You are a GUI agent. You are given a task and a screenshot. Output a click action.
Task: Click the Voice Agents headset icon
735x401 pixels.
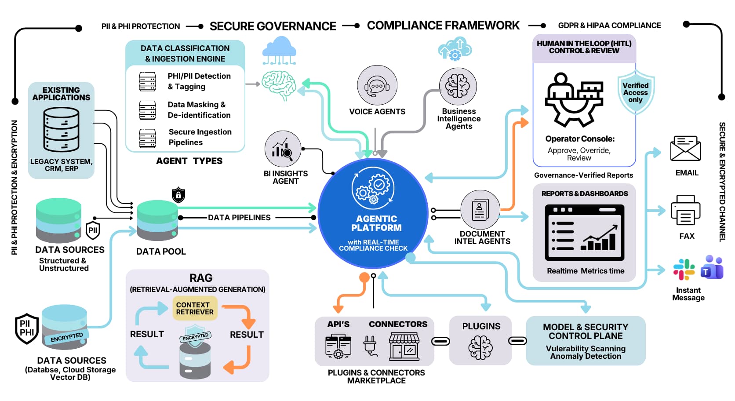377,86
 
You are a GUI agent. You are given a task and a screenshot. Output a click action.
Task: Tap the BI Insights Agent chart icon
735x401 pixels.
283,149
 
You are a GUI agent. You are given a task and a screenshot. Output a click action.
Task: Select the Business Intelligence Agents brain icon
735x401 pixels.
458,86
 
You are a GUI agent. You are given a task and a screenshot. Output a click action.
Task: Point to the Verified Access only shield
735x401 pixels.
635,92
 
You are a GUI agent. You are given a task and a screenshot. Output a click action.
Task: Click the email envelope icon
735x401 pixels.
685,149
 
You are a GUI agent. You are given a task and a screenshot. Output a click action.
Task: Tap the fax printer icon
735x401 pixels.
685,211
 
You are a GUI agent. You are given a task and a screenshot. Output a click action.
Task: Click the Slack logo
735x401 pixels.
684,269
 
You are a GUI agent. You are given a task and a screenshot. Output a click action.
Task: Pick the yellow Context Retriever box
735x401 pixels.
195,308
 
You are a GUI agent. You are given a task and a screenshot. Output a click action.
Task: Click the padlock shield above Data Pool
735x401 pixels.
178,194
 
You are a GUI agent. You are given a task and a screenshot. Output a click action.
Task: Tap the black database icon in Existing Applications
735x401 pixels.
61,130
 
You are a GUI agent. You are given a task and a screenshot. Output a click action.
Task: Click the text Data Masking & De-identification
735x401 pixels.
199,110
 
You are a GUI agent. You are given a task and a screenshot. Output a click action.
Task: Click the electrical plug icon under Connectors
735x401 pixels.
370,345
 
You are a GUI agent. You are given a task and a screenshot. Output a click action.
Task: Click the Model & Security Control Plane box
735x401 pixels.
585,341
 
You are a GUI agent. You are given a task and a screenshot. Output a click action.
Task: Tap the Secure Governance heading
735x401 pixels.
273,26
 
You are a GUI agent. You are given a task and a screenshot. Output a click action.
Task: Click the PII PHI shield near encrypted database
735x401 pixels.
27,328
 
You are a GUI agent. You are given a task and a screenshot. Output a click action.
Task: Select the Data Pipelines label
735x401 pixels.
239,218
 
